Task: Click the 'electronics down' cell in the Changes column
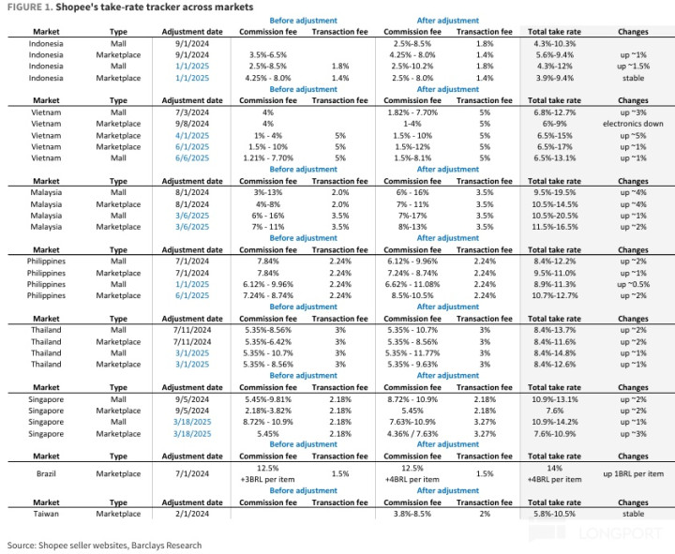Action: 633,124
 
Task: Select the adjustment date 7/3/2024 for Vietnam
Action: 192,112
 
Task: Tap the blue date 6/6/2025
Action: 192,158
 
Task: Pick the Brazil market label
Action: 46,473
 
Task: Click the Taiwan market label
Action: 46,514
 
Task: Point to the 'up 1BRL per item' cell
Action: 633,473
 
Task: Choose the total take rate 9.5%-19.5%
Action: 554,192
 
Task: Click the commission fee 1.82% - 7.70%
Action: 412,112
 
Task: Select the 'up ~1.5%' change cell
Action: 633,66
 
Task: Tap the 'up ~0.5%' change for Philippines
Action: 633,284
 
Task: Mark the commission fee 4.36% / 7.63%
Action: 412,433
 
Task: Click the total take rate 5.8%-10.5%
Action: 554,514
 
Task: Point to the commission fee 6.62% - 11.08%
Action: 412,284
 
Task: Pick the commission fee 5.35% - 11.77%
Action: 412,353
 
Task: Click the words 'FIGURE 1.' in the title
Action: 30,7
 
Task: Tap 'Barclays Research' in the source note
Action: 166,545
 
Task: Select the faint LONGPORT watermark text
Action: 620,533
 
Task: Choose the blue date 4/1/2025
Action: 192,135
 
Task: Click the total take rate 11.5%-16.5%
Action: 554,227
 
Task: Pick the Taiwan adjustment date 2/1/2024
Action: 192,514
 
